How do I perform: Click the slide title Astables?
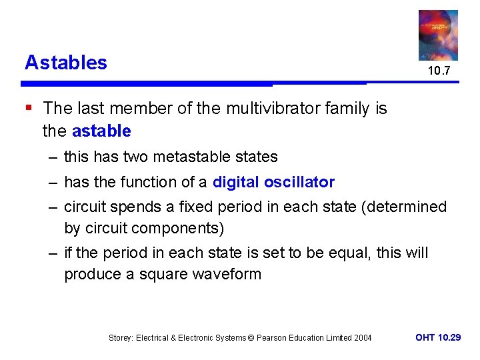click(65, 63)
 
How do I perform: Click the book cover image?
click(438, 35)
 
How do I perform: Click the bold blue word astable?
click(101, 131)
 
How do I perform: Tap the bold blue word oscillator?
click(299, 183)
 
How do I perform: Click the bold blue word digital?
click(236, 183)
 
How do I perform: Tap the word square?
click(157, 275)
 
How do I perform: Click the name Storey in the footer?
click(121, 338)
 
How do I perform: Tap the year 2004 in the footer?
click(362, 338)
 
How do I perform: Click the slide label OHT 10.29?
click(437, 338)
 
